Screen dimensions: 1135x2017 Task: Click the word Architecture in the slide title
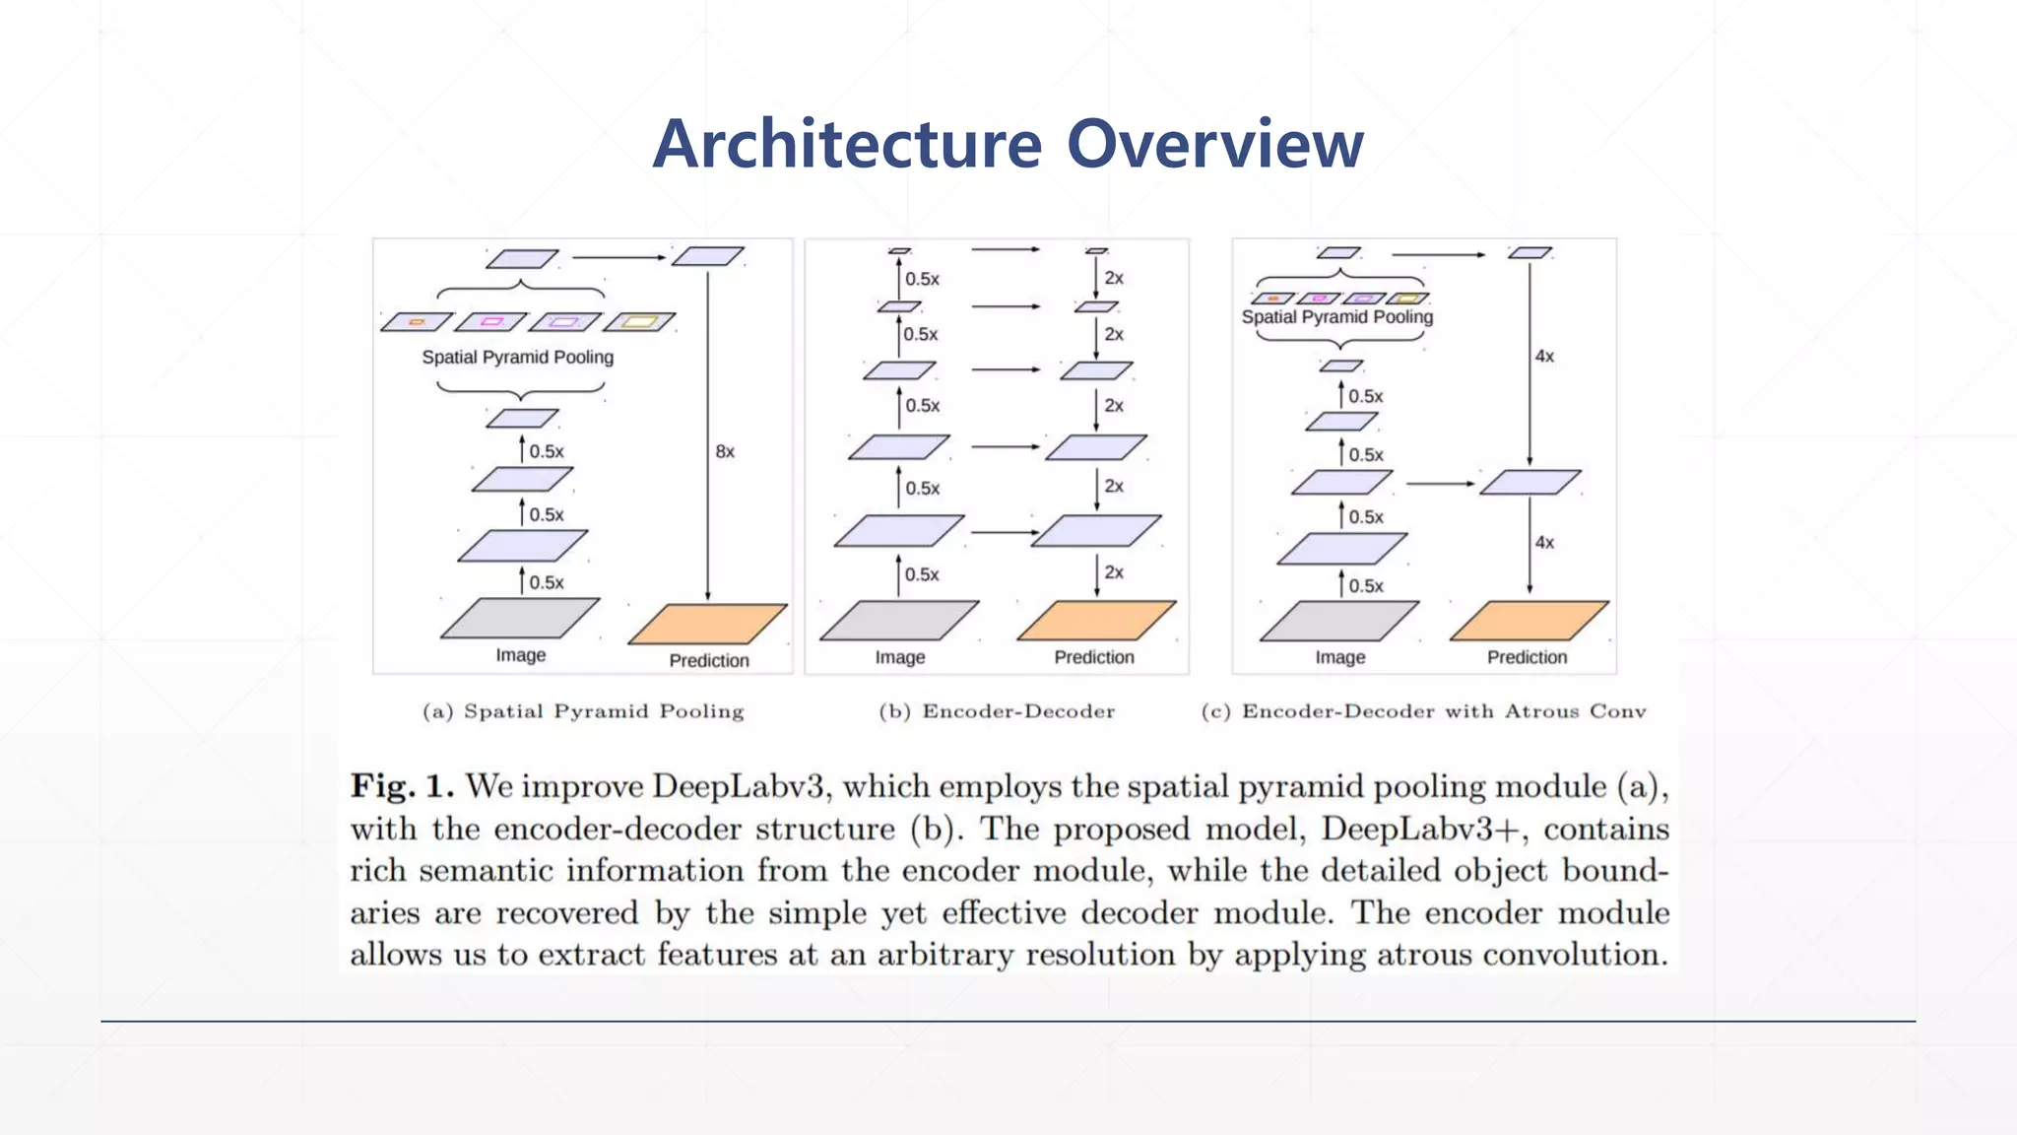(x=847, y=144)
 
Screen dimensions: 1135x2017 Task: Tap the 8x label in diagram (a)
(x=725, y=451)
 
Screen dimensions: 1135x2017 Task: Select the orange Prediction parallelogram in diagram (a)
(x=707, y=624)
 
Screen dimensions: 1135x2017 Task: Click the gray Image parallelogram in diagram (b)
(x=899, y=621)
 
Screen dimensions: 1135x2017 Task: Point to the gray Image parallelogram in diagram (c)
(x=1339, y=621)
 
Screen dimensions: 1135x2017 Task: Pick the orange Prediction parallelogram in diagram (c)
(x=1529, y=621)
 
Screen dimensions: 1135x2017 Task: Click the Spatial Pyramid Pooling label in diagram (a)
(x=517, y=357)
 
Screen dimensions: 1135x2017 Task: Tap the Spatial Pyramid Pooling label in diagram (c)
(x=1336, y=316)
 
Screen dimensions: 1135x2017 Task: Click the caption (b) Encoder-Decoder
(x=997, y=711)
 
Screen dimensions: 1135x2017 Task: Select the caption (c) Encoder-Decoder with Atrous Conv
(x=1423, y=711)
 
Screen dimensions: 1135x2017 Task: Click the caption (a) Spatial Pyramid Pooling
(x=583, y=711)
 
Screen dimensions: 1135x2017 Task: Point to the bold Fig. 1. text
(x=402, y=786)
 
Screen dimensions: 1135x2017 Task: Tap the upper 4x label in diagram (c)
(x=1544, y=356)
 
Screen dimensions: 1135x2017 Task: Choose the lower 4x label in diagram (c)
(x=1544, y=542)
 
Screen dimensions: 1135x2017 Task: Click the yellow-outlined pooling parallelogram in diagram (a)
(x=639, y=322)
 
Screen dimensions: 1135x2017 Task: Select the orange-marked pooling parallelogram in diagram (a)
(x=417, y=322)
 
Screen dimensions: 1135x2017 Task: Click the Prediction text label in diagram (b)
(x=1094, y=657)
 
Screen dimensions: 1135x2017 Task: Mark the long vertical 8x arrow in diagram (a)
(x=707, y=434)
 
